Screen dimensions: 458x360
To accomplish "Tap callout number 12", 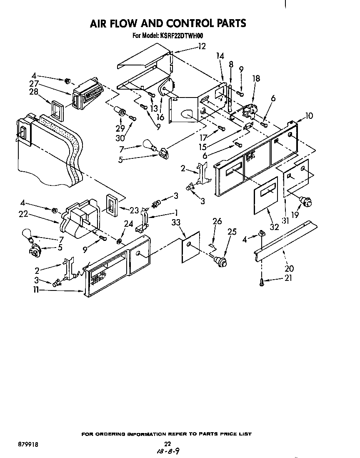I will click(202, 46).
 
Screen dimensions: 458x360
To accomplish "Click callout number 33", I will click(176, 223).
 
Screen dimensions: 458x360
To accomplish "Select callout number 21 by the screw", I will click(287, 279).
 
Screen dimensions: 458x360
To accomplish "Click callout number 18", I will click(256, 78).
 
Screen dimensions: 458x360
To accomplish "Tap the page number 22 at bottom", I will click(167, 444).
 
